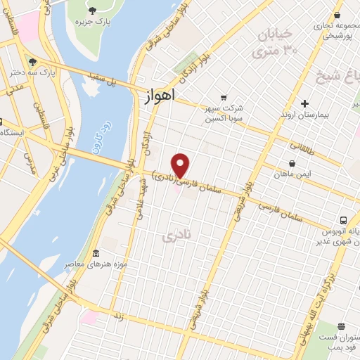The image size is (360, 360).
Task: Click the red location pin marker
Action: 181,165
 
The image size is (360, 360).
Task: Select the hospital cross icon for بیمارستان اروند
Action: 304,103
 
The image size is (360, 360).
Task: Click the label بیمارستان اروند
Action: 304,114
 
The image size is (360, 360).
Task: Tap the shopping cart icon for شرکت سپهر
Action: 224,97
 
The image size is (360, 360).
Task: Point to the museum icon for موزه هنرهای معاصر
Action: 96,253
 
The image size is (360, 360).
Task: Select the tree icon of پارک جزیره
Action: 92,10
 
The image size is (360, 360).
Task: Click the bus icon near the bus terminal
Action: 344,219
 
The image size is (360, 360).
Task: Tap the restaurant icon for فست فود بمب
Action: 340,326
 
